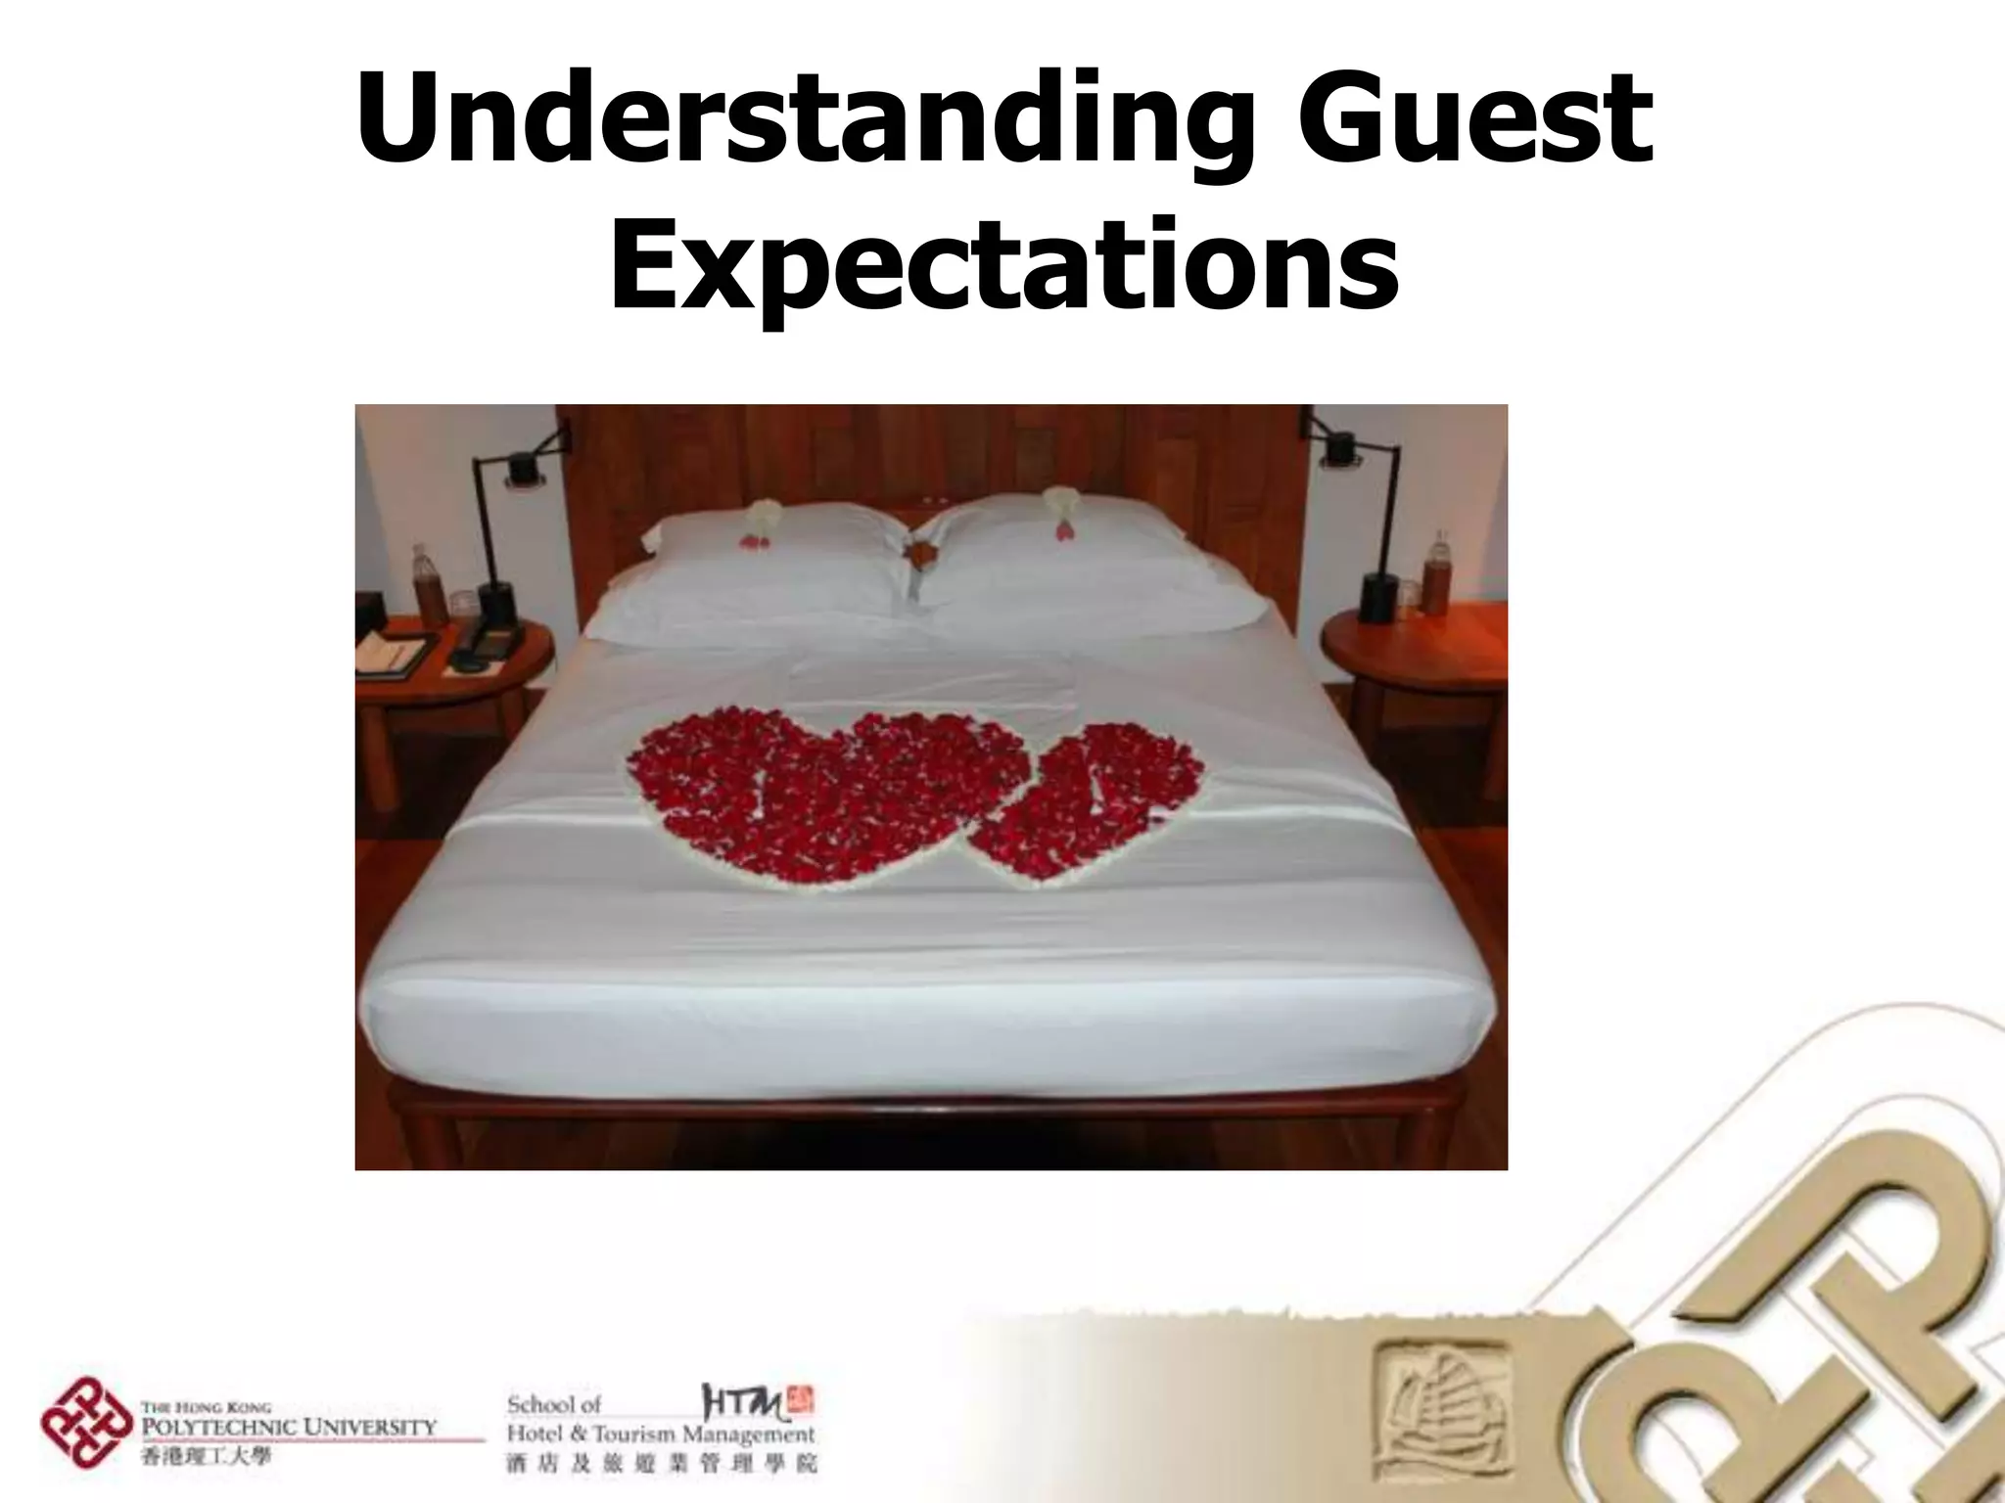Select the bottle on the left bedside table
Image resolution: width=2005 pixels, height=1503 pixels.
[426, 584]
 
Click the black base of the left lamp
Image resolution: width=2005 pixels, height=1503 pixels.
[497, 604]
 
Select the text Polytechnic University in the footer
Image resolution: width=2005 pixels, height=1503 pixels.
[290, 1426]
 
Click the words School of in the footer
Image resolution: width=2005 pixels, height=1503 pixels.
[554, 1405]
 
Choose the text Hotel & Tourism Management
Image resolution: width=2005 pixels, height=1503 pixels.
[660, 1435]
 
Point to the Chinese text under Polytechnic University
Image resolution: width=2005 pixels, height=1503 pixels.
[206, 1455]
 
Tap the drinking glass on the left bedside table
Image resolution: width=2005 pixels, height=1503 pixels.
[461, 605]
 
